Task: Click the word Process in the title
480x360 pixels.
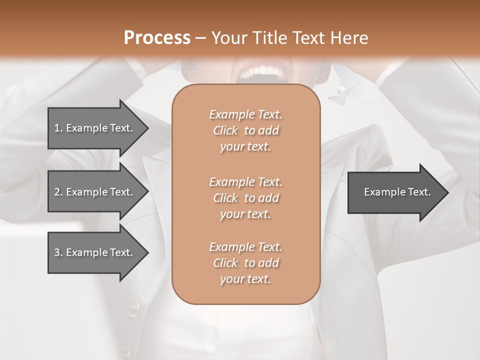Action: [x=157, y=38]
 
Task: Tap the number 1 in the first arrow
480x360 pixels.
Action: [x=57, y=128]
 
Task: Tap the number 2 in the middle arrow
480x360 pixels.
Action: [x=57, y=192]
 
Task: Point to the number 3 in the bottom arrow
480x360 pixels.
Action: [x=57, y=252]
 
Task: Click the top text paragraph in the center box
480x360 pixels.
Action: [x=246, y=130]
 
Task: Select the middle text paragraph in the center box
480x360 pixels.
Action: [x=246, y=198]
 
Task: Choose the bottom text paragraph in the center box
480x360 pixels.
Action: [x=246, y=263]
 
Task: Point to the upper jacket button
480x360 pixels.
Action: [x=133, y=306]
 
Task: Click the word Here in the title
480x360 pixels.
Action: [x=350, y=38]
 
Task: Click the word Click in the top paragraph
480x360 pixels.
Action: [x=225, y=130]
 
